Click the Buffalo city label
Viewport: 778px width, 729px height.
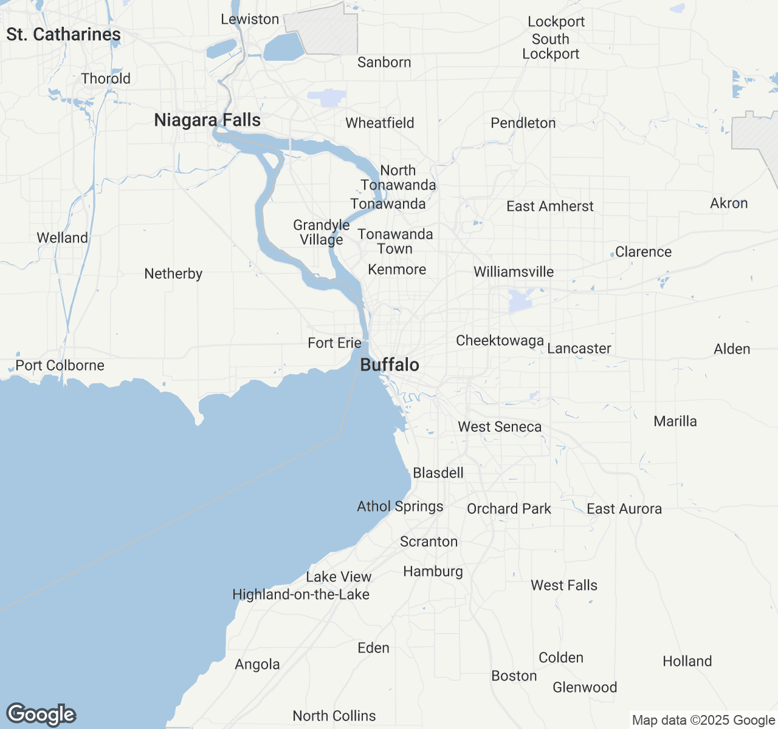390,364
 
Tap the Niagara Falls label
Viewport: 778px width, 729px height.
207,120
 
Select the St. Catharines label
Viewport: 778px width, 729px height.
63,35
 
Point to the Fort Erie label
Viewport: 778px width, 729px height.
334,343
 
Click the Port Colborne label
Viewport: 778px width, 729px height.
60,366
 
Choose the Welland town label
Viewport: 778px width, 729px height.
62,238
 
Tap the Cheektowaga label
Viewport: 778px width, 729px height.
500,341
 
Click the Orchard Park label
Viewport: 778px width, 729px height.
509,509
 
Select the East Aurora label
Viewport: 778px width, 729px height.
624,509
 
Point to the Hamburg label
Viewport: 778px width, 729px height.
433,572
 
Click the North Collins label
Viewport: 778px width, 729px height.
334,716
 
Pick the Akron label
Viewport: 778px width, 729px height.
729,204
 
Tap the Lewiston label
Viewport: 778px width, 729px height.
250,19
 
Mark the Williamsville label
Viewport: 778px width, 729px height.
514,272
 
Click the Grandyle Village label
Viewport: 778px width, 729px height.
321,233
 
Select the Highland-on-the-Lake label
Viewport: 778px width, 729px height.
301,595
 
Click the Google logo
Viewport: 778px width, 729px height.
41,715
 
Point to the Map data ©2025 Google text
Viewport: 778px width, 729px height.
703,720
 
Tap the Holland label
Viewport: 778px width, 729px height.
687,662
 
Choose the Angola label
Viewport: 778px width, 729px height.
257,665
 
